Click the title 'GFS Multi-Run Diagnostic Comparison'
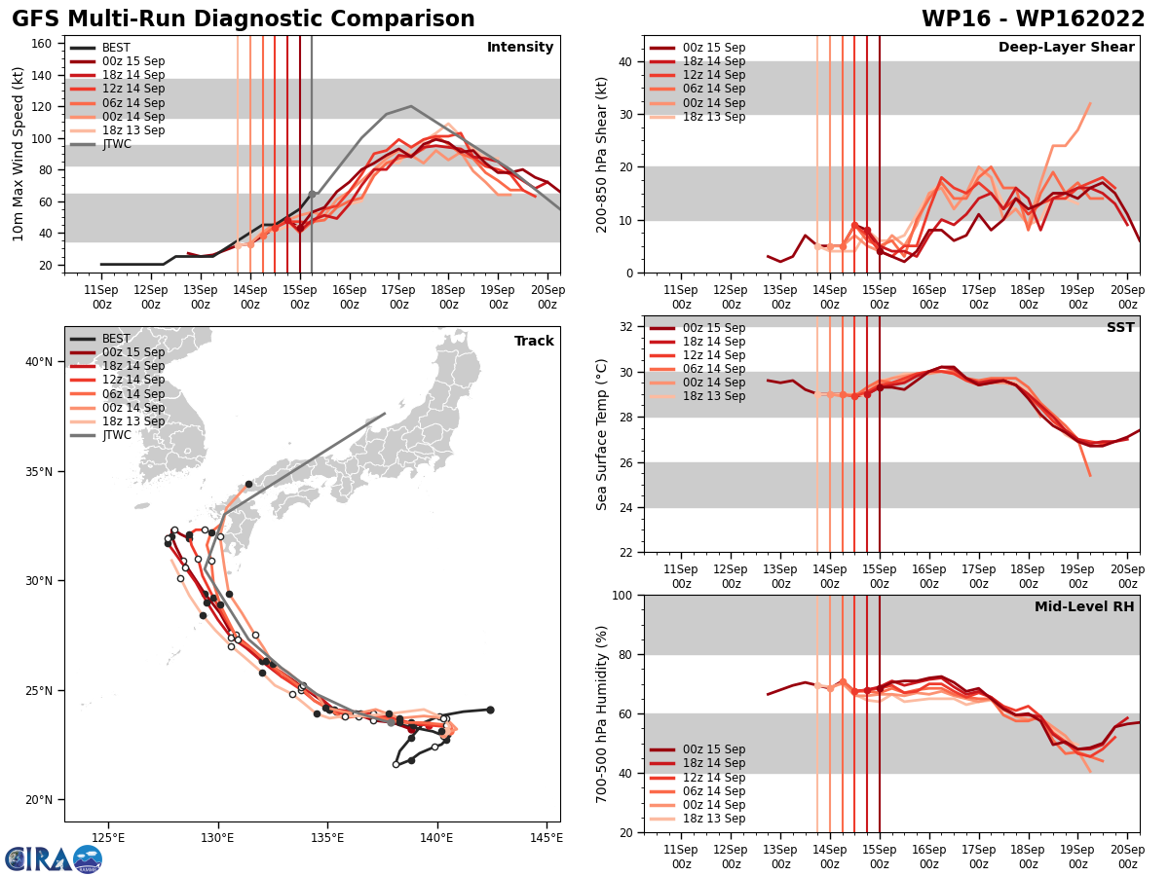coord(244,19)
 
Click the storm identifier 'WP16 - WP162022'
coord(1033,19)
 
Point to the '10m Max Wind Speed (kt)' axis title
coord(19,153)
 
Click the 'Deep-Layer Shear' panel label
coord(1066,48)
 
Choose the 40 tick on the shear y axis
coord(624,61)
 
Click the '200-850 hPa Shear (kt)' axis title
coord(601,153)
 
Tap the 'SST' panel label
coord(1120,328)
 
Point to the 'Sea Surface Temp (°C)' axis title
coord(601,434)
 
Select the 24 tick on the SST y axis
coord(624,507)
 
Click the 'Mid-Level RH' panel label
coord(1084,607)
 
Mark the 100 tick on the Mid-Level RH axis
coord(621,595)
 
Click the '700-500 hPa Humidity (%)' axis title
coord(601,713)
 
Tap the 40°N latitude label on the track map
coord(39,362)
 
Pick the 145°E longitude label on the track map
coord(547,838)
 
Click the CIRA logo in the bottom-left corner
coord(54,859)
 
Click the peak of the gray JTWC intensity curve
coord(411,106)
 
